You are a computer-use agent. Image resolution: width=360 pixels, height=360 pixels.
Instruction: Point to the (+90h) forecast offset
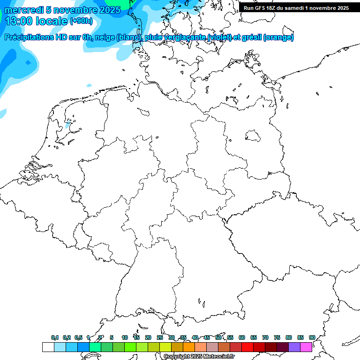click(x=81, y=21)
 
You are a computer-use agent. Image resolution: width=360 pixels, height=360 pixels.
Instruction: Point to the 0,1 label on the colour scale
click(x=55, y=338)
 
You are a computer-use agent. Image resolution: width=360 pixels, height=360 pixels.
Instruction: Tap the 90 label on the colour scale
click(x=312, y=338)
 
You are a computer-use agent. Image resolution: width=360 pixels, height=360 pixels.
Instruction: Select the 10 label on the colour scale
click(x=124, y=338)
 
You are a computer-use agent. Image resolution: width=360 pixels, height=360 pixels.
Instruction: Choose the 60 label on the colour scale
click(x=242, y=338)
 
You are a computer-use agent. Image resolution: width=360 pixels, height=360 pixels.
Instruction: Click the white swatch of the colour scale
click(x=48, y=347)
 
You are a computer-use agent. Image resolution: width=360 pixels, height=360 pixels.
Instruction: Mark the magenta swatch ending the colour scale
click(x=306, y=347)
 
